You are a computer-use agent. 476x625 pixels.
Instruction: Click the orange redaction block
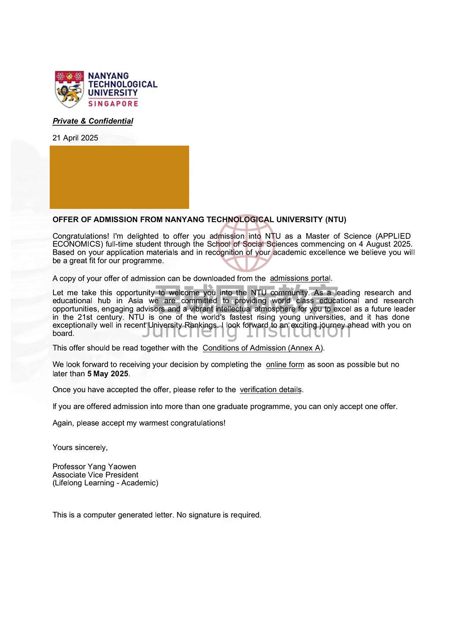[x=119, y=177]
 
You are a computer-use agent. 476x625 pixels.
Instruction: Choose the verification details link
[x=271, y=390]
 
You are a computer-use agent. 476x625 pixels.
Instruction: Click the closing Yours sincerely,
[x=80, y=448]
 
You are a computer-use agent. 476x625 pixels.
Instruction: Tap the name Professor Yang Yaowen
[x=94, y=467]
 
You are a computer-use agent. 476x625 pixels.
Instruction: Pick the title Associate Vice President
[x=95, y=475]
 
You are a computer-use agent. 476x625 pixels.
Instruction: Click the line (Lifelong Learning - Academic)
[x=105, y=483]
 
